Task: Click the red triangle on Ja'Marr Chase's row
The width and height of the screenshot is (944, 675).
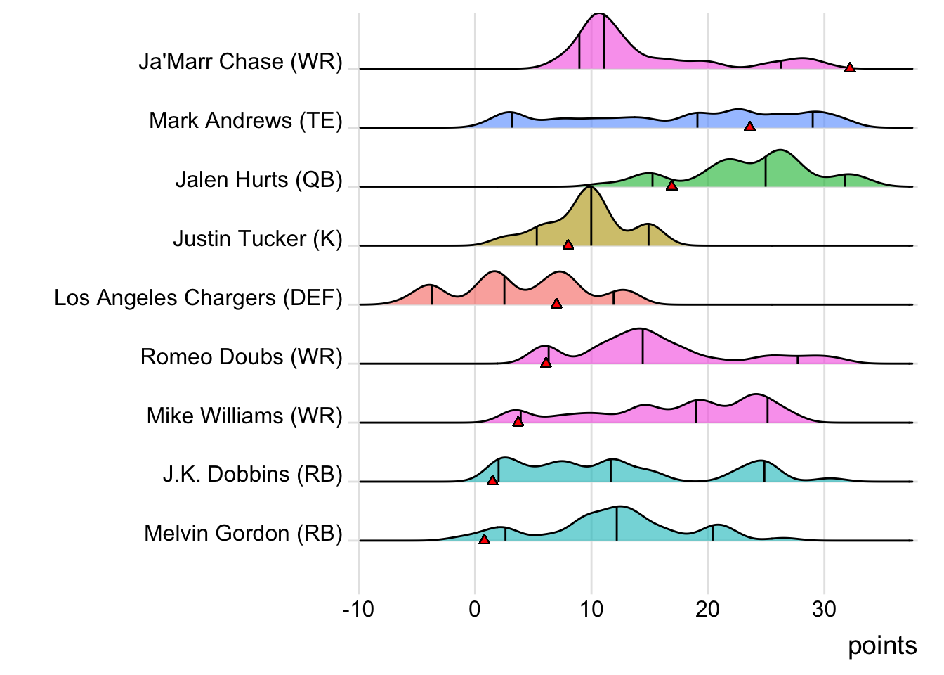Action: pos(850,67)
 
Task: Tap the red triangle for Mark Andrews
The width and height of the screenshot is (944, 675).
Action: pos(749,127)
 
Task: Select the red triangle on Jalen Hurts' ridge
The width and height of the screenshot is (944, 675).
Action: pos(671,186)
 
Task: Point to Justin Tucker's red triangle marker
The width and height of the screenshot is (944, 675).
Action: pos(568,245)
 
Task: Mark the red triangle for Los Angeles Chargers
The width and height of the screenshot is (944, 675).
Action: pos(556,304)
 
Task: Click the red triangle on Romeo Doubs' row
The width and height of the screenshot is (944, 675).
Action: pos(546,363)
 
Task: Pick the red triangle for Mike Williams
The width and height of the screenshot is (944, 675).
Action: pos(518,422)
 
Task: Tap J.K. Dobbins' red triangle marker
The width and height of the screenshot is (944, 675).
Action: pos(492,480)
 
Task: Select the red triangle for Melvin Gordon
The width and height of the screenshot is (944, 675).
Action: pos(484,539)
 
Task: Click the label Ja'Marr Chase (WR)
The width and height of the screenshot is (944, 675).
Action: pos(240,62)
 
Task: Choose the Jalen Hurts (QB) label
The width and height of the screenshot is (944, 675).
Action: pos(258,180)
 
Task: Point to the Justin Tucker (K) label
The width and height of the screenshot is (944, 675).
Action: pos(257,239)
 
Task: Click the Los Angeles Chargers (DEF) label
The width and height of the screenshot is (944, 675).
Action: pos(198,298)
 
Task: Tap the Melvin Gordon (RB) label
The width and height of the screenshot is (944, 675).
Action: pos(243,534)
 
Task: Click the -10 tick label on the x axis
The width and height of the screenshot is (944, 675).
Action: pos(358,609)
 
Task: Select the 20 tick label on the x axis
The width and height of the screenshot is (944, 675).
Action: pos(708,609)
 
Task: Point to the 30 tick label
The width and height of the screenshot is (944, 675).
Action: pos(825,609)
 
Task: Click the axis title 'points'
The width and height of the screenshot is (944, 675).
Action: pos(882,645)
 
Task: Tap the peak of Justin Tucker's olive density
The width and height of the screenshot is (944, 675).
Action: pos(591,188)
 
